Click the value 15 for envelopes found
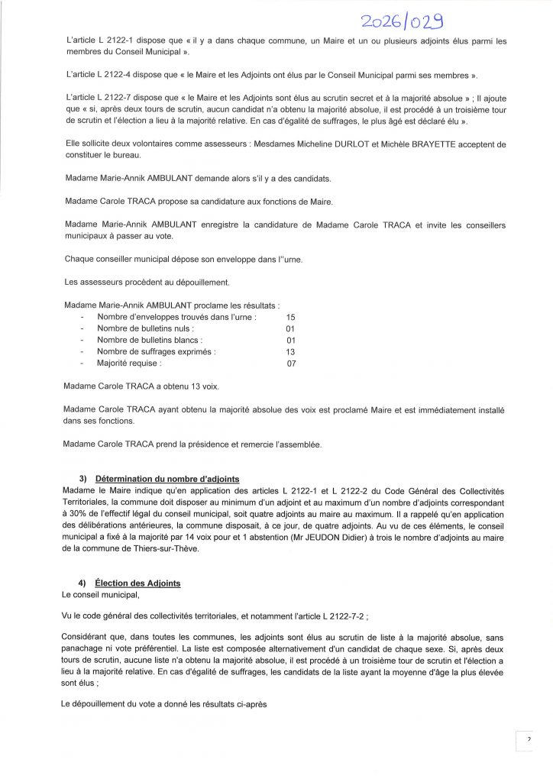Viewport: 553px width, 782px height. pos(290,316)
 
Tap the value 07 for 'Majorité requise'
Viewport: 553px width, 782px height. pos(290,364)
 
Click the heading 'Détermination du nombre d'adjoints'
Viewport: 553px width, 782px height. pos(154,479)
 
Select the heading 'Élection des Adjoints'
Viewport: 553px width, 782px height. pos(136,583)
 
